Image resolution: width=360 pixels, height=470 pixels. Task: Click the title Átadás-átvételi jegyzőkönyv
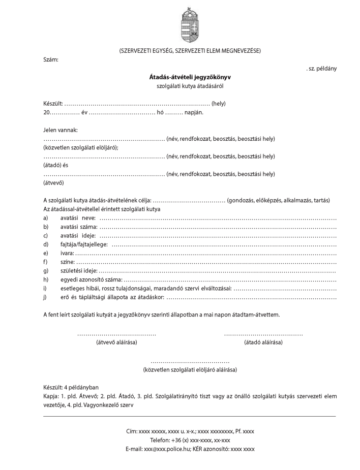coord(190,78)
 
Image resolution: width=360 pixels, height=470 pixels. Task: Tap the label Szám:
coord(50,60)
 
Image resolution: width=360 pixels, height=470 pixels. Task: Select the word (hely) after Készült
coord(219,104)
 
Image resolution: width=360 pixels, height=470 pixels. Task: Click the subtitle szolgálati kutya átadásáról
coord(190,86)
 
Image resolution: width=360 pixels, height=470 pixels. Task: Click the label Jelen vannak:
coord(61,130)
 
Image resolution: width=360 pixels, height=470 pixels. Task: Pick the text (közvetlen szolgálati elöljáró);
coord(81,147)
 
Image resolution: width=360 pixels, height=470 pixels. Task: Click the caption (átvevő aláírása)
coord(116,342)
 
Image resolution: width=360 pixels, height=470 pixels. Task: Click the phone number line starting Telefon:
coord(190,440)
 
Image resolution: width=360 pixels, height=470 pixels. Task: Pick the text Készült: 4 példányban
coord(71,387)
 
